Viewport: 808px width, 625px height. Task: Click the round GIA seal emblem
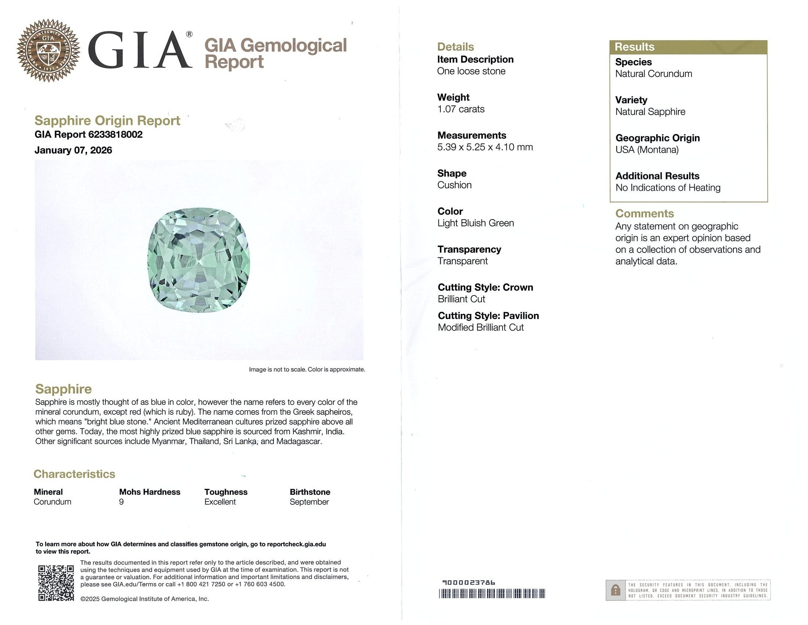(48, 50)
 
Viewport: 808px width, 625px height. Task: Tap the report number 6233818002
(115, 135)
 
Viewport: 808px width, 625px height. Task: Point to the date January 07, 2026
(73, 150)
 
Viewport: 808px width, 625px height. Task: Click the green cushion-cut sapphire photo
(199, 260)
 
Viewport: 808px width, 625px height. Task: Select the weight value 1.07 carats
(461, 109)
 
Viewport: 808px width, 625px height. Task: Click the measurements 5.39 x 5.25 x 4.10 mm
(485, 147)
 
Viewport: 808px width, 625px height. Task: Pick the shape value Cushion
(454, 185)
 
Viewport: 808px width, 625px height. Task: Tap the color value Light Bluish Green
(475, 223)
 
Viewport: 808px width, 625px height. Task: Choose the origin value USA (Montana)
(647, 150)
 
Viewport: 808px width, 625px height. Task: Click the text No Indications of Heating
(668, 188)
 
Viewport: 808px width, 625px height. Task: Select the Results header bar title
(634, 47)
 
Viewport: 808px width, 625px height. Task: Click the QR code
(56, 583)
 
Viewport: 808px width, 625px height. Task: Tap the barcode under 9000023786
(492, 594)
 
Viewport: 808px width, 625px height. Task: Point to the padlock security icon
(615, 590)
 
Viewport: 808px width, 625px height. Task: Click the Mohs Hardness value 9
(121, 502)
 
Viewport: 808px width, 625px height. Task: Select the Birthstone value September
(309, 502)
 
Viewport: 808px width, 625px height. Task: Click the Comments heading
(645, 214)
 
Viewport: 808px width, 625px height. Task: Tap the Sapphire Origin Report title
(107, 121)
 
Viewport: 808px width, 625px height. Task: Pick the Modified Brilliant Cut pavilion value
(481, 328)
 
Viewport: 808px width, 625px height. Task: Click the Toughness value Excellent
(220, 502)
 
